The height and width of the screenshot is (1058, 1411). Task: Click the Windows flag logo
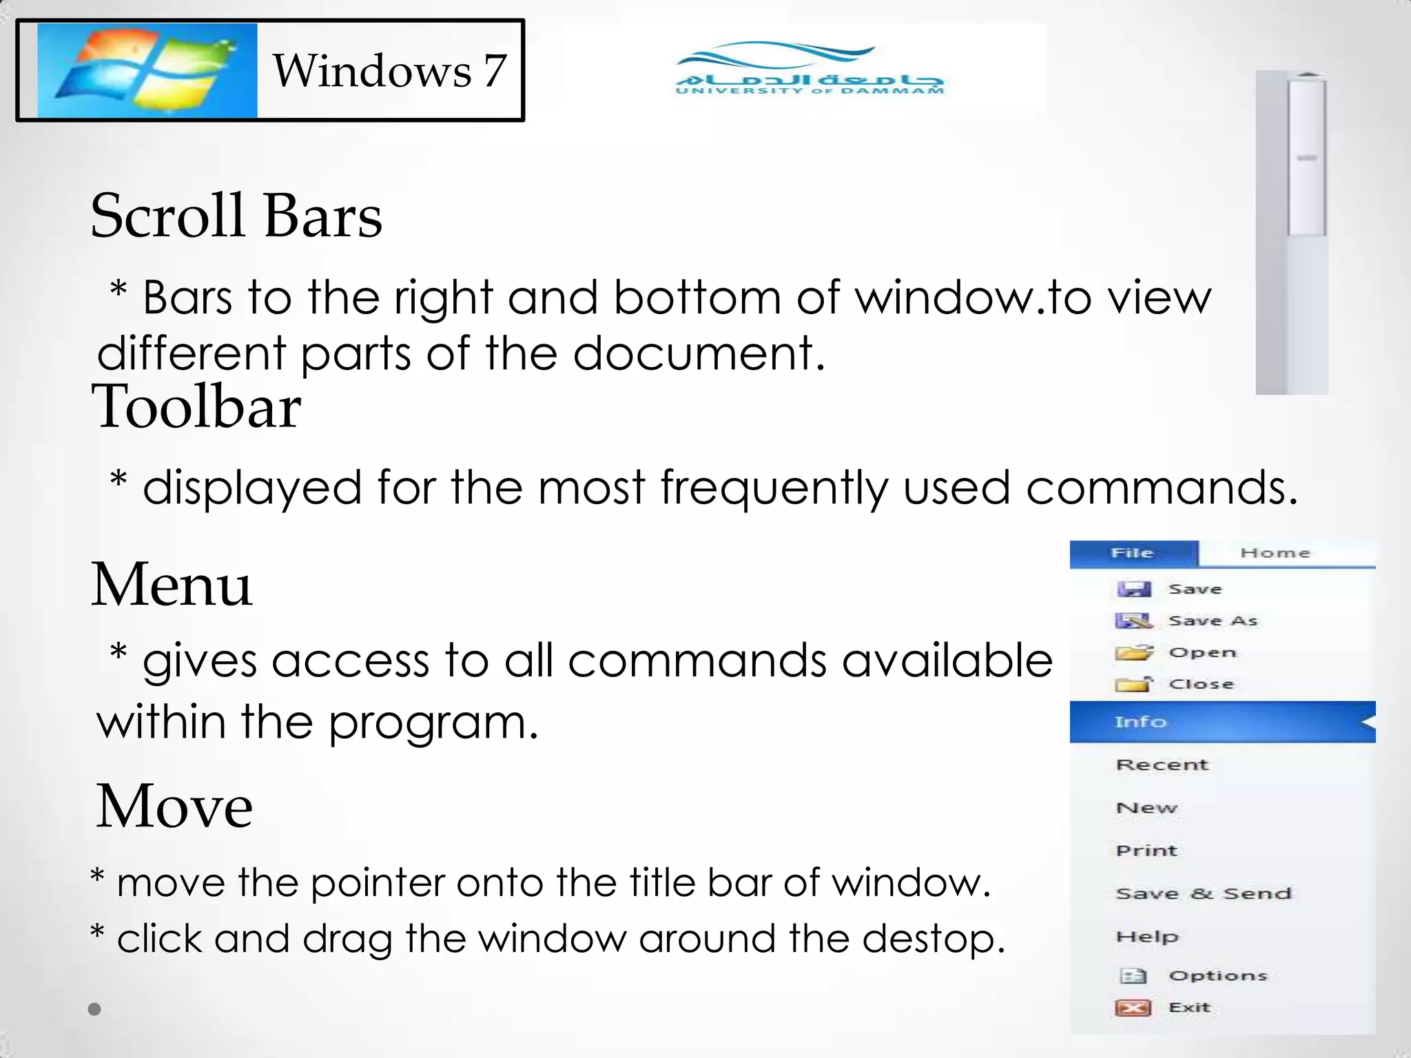click(x=147, y=70)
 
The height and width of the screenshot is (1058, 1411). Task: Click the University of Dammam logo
click(x=810, y=70)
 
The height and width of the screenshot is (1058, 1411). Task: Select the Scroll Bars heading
click(x=236, y=216)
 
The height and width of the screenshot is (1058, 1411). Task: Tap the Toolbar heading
click(x=196, y=407)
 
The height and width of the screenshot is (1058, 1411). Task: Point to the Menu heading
click(x=172, y=585)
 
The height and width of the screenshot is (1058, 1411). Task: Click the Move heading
click(x=174, y=807)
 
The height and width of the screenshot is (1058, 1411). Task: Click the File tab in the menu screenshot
click(x=1133, y=553)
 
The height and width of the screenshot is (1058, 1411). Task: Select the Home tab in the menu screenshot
click(x=1275, y=553)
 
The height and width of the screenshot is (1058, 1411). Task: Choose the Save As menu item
click(x=1213, y=621)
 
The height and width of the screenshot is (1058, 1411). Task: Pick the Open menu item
click(x=1202, y=653)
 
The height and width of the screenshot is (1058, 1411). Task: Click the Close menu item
click(x=1201, y=685)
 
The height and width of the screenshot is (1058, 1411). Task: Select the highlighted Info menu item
click(x=1141, y=722)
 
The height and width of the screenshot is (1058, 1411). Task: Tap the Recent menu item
click(x=1162, y=765)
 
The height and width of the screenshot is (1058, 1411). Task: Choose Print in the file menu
click(x=1147, y=851)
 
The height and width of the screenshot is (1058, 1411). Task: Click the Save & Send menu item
click(x=1204, y=894)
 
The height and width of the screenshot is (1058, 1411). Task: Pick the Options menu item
click(x=1217, y=976)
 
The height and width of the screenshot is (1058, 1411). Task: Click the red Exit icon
click(x=1133, y=1008)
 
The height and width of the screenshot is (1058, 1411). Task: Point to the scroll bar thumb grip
click(x=1307, y=158)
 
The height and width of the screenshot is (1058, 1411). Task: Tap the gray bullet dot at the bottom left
click(x=95, y=1009)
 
